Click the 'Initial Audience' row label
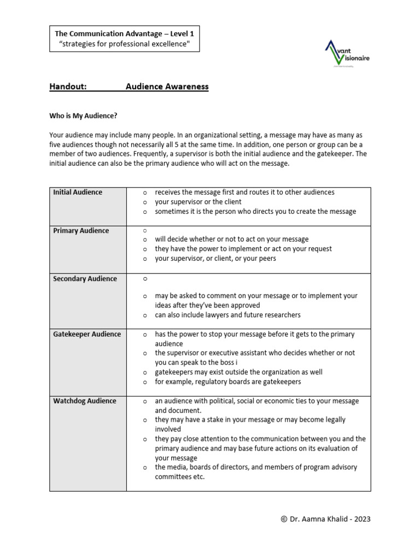click(x=78, y=192)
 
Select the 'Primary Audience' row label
click(x=81, y=231)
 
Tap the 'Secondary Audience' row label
click(x=85, y=279)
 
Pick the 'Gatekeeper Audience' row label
click(x=87, y=334)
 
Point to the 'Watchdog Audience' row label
click(x=85, y=401)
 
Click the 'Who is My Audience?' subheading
click(x=83, y=116)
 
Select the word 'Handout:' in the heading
click(x=68, y=86)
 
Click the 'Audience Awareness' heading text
click(x=167, y=86)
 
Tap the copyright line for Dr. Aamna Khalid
click(x=325, y=519)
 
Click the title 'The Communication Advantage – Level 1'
click(x=124, y=34)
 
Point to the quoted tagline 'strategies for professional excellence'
click(x=124, y=44)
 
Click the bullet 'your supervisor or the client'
click(x=198, y=202)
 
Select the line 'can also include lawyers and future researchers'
click(x=227, y=315)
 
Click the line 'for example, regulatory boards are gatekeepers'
click(x=227, y=382)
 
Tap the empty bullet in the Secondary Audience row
click(x=145, y=279)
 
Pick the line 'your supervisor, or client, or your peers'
click(x=215, y=259)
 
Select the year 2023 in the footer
click(x=361, y=519)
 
